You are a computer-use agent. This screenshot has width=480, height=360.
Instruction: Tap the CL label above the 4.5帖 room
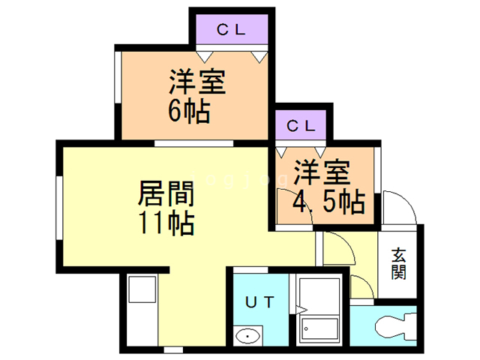click(x=301, y=125)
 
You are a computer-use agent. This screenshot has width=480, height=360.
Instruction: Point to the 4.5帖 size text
click(x=328, y=201)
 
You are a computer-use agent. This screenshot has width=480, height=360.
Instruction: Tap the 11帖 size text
click(x=166, y=223)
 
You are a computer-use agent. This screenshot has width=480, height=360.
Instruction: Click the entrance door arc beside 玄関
click(x=397, y=206)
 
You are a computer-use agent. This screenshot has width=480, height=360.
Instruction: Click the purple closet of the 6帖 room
click(x=229, y=31)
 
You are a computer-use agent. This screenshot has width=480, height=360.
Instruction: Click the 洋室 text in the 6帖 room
click(x=197, y=81)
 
